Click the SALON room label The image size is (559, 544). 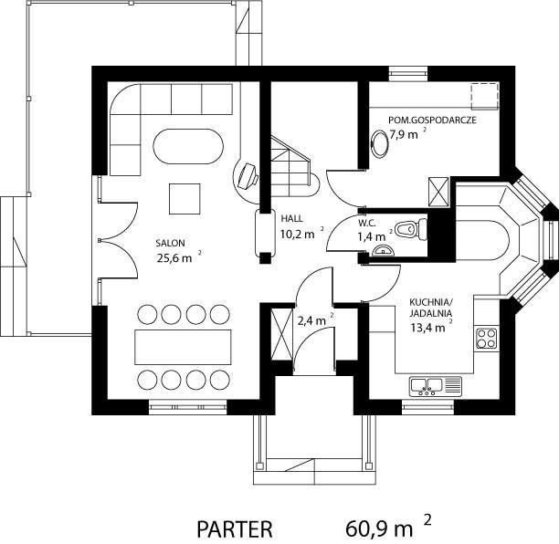(170, 244)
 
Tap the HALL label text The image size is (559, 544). (292, 218)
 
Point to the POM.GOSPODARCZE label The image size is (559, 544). (432, 120)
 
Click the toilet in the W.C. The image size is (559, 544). (411, 228)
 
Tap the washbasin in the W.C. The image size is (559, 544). (383, 250)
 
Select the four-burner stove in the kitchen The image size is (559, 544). (487, 339)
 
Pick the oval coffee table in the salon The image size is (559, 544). (188, 146)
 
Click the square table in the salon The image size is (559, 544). (185, 199)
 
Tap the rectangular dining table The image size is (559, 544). (183, 347)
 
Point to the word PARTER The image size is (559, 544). (235, 529)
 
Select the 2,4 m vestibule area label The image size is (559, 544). (311, 321)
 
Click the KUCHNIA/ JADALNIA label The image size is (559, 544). (430, 308)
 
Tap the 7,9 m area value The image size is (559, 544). (403, 135)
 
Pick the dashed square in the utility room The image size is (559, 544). (484, 97)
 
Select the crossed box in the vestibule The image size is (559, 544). (281, 334)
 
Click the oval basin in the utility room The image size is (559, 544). (380, 143)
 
